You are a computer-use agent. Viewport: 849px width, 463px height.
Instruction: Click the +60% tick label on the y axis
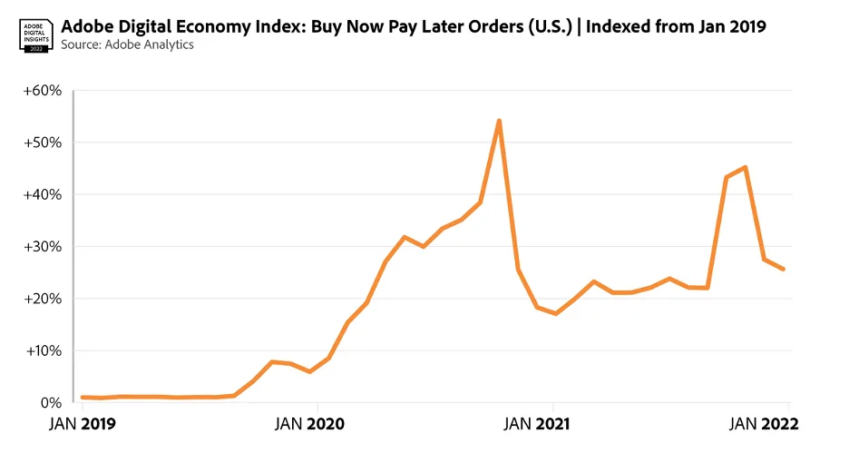[43, 91]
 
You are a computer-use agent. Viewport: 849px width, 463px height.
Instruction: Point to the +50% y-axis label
[43, 143]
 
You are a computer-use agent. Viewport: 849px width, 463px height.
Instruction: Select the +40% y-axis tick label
[43, 194]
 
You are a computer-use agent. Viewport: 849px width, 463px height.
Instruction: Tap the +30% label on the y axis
[43, 247]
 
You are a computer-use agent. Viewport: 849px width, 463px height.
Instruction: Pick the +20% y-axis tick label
[43, 299]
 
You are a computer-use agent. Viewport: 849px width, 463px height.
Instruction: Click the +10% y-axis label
[43, 350]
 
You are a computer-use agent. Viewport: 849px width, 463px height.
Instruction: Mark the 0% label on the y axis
[48, 402]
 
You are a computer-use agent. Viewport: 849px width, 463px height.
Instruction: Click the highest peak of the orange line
[499, 121]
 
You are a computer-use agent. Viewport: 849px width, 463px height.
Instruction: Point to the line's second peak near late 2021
[745, 167]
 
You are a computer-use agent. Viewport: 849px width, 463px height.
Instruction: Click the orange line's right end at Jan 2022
[784, 269]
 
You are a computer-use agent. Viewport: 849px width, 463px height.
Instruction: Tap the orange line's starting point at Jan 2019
[83, 397]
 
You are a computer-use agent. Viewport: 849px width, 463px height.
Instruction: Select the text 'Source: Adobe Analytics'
[127, 44]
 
